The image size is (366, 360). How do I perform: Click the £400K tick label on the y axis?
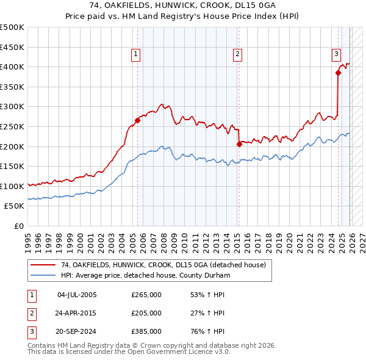tap(12, 67)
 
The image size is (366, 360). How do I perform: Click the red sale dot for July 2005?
tap(137, 120)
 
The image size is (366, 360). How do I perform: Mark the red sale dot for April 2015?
tap(239, 145)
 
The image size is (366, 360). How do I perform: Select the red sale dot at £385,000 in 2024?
tap(337, 73)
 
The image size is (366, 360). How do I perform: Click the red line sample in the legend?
tap(43, 265)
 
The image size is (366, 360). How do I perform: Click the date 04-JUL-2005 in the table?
tap(76, 295)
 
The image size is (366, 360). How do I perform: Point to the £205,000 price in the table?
tap(146, 313)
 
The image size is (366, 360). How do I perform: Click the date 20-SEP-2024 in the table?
tap(76, 331)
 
